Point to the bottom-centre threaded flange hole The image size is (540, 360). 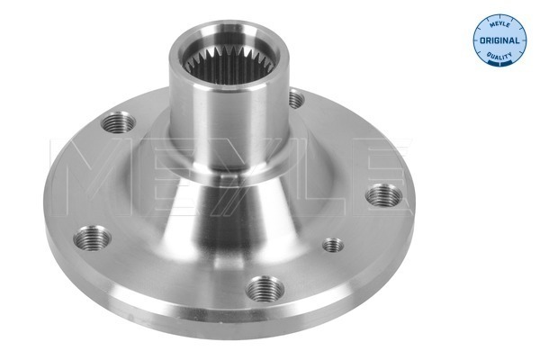[264, 288]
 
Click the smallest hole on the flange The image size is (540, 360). [333, 244]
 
